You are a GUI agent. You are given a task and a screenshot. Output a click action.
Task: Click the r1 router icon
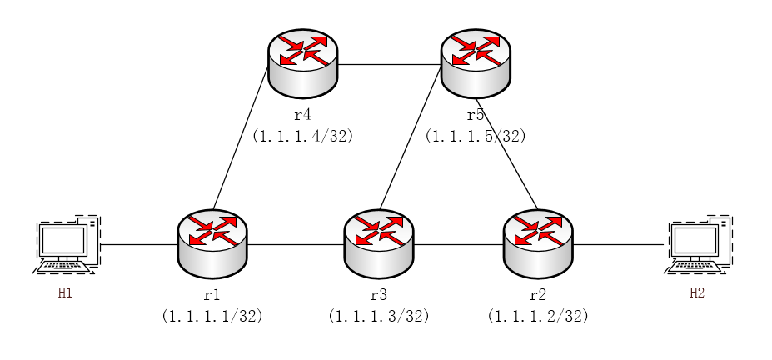click(212, 243)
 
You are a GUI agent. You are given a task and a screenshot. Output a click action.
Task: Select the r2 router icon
click(539, 243)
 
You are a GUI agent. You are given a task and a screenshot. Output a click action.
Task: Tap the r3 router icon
click(379, 243)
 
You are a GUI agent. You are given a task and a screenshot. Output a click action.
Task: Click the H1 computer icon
click(67, 244)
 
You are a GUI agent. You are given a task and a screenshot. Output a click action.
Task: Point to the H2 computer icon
click(699, 244)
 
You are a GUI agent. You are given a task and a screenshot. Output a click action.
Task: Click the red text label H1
click(65, 293)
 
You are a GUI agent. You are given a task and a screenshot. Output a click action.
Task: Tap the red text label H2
click(697, 293)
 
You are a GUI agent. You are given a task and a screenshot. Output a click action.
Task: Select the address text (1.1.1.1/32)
click(212, 316)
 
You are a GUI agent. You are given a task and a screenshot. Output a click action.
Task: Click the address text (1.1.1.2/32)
click(538, 316)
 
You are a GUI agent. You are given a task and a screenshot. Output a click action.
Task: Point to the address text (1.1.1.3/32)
click(379, 316)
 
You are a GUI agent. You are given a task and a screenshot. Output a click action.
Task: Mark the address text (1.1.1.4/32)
click(303, 136)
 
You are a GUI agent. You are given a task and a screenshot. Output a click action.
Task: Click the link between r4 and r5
click(389, 64)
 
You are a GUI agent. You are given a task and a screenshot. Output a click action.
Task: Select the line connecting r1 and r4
click(240, 139)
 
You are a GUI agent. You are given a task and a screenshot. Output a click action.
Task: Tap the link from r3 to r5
click(410, 137)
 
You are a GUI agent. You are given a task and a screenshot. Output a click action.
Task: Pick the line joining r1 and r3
click(296, 245)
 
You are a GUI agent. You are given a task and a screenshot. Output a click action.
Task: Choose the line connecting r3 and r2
click(459, 245)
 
